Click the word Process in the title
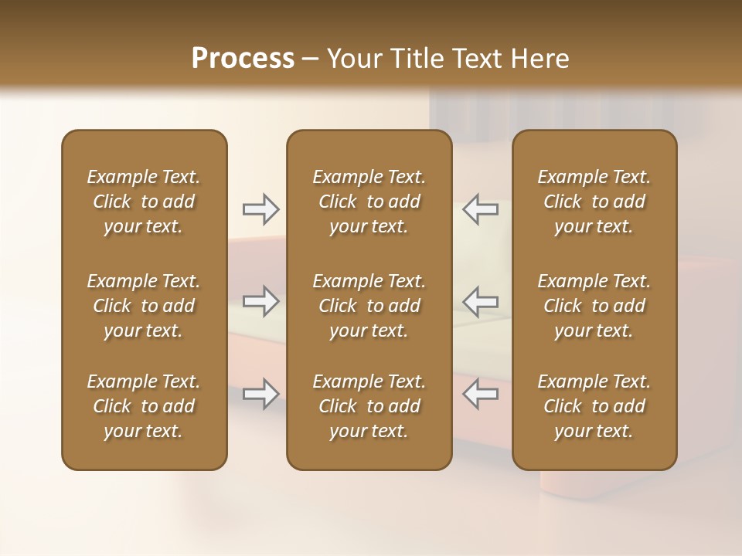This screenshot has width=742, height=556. click(243, 59)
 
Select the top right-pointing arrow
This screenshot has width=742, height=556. click(260, 209)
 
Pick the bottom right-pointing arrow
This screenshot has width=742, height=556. click(260, 394)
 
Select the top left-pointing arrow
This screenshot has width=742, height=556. click(481, 209)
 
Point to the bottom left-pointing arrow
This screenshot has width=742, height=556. click(481, 394)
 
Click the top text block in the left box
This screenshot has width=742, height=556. click(144, 202)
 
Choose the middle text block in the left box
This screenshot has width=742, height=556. click(144, 306)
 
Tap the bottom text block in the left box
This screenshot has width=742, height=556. click(144, 406)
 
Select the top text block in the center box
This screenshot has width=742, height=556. click(369, 202)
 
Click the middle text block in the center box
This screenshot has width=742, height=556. click(369, 306)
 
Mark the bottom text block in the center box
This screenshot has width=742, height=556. click(369, 406)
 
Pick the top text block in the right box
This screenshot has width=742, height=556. click(594, 202)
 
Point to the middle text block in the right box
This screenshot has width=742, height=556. click(594, 306)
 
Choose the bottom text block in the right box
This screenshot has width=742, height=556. click(594, 406)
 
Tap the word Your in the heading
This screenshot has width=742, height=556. click(355, 59)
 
